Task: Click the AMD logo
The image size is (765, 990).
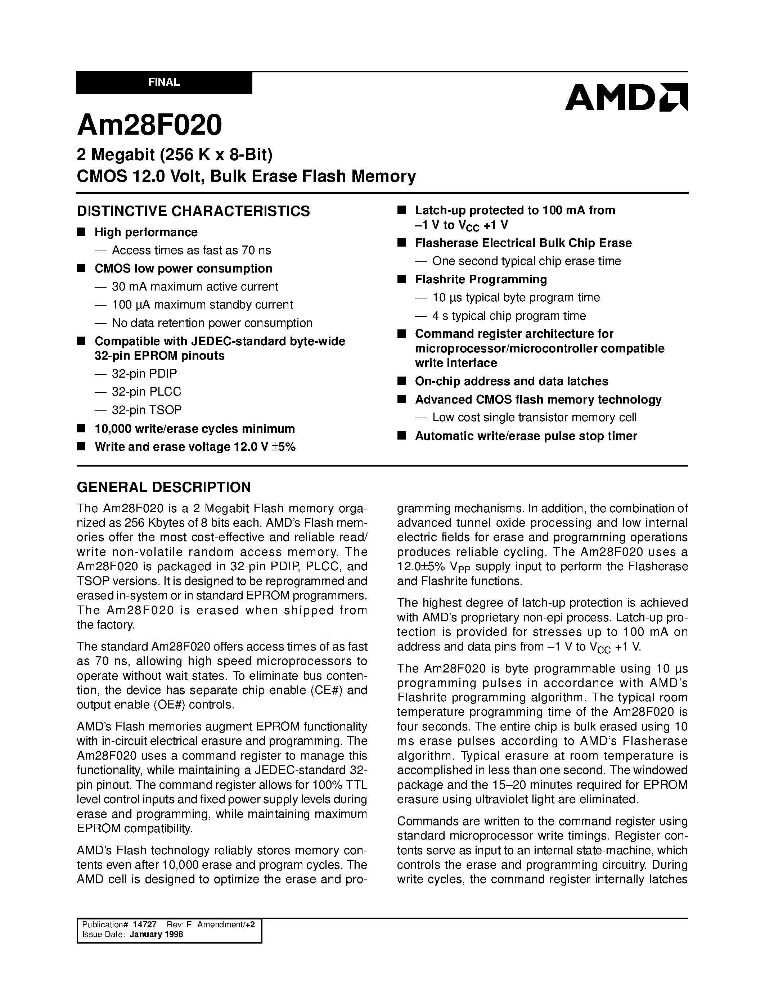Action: point(626,97)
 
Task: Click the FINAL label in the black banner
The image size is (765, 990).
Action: point(164,82)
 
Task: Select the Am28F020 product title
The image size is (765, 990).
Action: point(149,125)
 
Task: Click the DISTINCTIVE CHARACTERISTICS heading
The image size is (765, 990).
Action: point(194,211)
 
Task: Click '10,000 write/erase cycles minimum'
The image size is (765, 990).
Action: point(194,429)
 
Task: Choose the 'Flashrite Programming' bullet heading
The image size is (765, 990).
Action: point(481,279)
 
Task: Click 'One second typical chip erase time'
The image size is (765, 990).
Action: point(526,261)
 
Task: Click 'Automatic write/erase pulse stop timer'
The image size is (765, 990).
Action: point(526,436)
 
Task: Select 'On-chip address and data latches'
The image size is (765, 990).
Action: point(511,381)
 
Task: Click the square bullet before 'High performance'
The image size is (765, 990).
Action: point(82,232)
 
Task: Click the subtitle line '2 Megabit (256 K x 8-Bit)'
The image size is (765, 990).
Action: point(175,156)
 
